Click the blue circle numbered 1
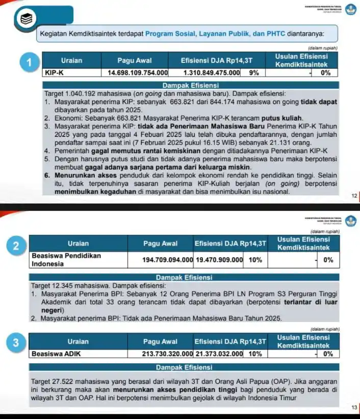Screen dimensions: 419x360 point(29,63)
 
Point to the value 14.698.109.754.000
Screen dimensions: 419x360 point(138,73)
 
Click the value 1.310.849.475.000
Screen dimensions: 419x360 point(212,73)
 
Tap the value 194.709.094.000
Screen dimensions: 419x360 point(167,260)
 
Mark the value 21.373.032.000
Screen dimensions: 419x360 point(218,353)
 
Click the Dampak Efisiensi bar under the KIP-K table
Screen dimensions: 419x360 point(190,85)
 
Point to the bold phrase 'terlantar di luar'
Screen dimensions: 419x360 point(308,302)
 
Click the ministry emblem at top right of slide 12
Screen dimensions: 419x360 point(351,9)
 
